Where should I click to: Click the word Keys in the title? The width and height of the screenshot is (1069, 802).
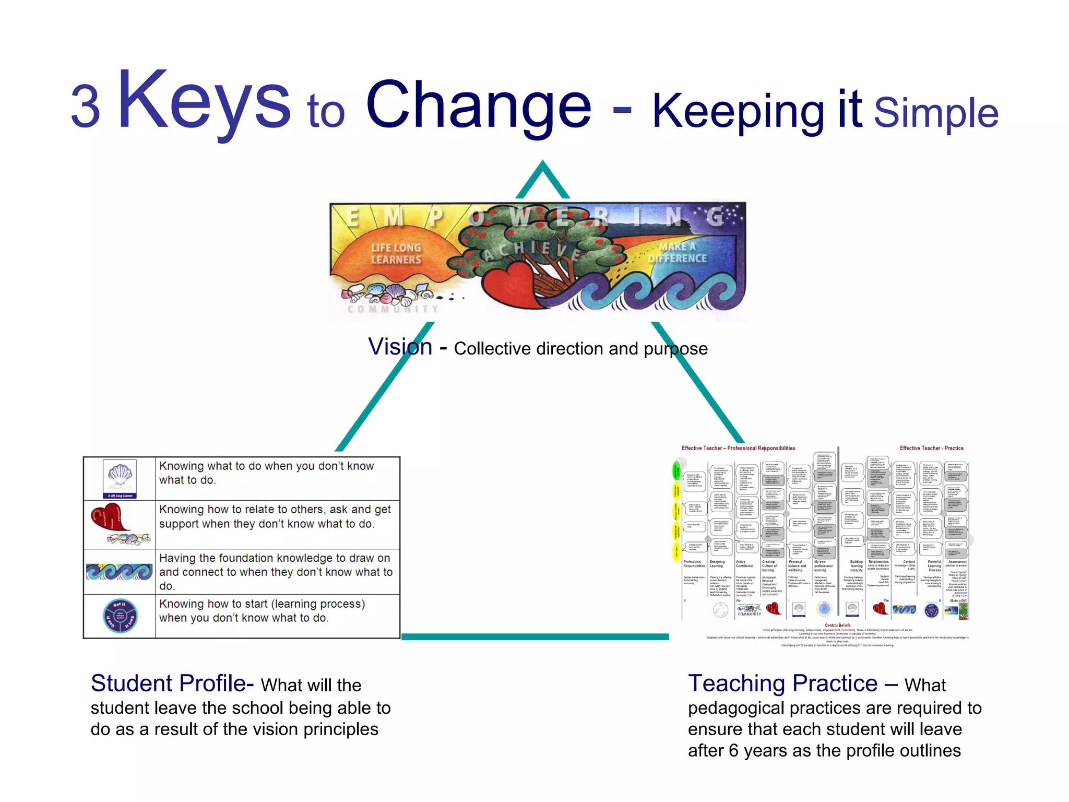pyautogui.click(x=204, y=102)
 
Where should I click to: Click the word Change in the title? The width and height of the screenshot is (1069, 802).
pyautogui.click(x=479, y=104)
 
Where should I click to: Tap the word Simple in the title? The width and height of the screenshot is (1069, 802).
pyautogui.click(x=935, y=113)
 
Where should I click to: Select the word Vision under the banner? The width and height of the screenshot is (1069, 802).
pyautogui.click(x=400, y=347)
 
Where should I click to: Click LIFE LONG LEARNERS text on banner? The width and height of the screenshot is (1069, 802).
pyautogui.click(x=396, y=254)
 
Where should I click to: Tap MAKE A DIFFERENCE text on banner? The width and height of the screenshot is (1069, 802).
pyautogui.click(x=677, y=253)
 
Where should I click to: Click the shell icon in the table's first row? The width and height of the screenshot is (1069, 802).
pyautogui.click(x=120, y=478)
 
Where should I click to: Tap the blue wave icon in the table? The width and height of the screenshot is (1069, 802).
pyautogui.click(x=119, y=572)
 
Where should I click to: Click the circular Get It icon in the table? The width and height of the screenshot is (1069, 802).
pyautogui.click(x=120, y=616)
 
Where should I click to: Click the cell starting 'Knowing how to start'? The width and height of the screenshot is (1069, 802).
pyautogui.click(x=277, y=611)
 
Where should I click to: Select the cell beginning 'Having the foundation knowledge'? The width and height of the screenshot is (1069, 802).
pyautogui.click(x=277, y=572)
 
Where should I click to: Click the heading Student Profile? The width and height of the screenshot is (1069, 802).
pyautogui.click(x=171, y=683)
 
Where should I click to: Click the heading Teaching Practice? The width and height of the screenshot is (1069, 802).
pyautogui.click(x=782, y=683)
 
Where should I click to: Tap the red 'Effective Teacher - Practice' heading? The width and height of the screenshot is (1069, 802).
pyautogui.click(x=931, y=448)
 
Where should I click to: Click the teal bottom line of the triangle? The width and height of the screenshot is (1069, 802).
pyautogui.click(x=534, y=636)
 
